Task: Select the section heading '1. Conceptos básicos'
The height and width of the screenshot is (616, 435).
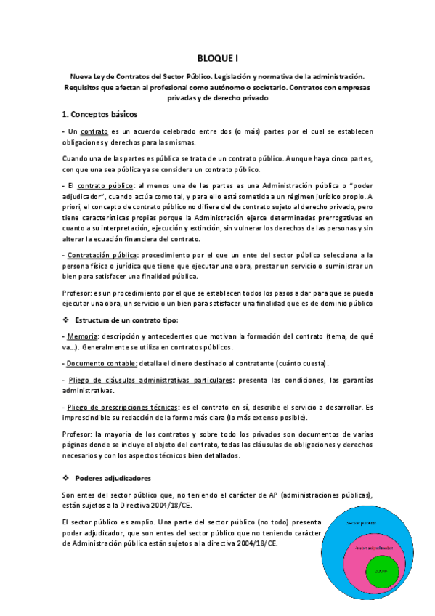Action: point(99,115)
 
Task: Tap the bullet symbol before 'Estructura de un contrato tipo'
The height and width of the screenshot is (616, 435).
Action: point(66,319)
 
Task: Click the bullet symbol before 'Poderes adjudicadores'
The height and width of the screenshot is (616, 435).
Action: point(66,478)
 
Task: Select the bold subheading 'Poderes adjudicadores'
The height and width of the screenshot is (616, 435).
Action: point(113,478)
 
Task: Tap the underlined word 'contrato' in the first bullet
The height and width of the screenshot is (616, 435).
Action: point(94,131)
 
